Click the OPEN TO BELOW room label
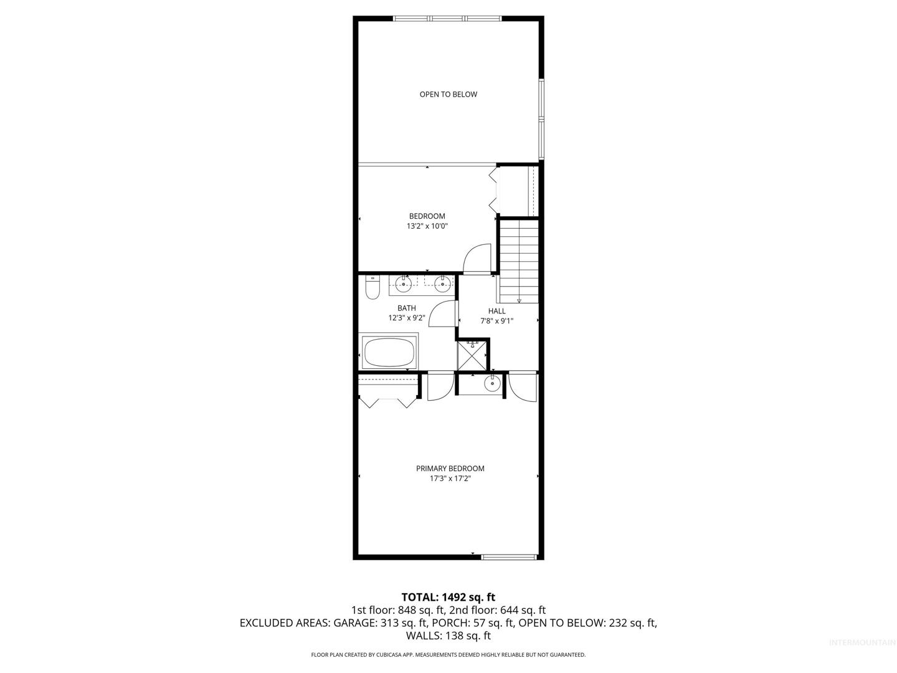tap(448, 94)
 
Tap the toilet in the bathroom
tap(373, 287)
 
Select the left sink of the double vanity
tap(404, 284)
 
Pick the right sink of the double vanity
tap(442, 284)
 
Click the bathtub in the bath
tap(389, 352)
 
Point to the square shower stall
tap(472, 355)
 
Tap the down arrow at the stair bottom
tap(519, 301)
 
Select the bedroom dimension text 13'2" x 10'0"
tap(427, 226)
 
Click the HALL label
tap(496, 312)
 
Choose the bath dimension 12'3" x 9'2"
tap(407, 318)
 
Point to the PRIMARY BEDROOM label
tap(450, 469)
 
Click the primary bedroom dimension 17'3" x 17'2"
tap(450, 479)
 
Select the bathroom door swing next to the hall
tap(442, 314)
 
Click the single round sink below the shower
tap(491, 383)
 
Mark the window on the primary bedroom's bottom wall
tap(508, 556)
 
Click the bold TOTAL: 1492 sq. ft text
tap(448, 597)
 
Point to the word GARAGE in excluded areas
tap(354, 623)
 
